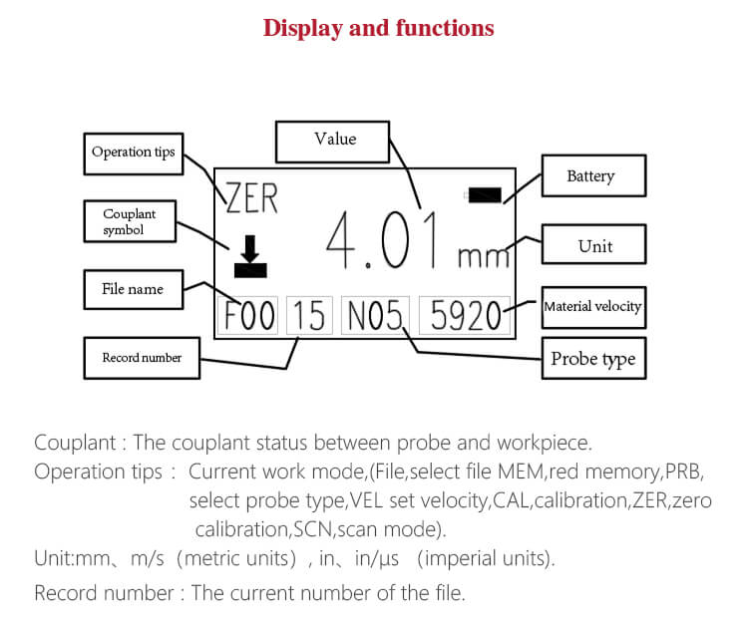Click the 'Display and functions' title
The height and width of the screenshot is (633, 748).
pyautogui.click(x=378, y=28)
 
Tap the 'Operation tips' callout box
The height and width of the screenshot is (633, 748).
pyautogui.click(x=133, y=153)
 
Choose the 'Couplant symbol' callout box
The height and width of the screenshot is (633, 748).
pyautogui.click(x=129, y=222)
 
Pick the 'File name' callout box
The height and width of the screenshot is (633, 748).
pyautogui.click(x=133, y=290)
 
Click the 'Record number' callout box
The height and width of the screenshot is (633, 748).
pyautogui.click(x=142, y=358)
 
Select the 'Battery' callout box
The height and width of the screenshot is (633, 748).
pyautogui.click(x=590, y=176)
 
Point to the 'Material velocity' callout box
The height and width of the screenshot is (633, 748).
pyautogui.click(x=592, y=307)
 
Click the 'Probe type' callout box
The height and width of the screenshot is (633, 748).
pyautogui.click(x=592, y=359)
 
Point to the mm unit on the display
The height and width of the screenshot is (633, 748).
pyautogui.click(x=483, y=257)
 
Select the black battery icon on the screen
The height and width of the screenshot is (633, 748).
pyautogui.click(x=485, y=196)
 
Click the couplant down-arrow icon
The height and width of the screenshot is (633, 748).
pyautogui.click(x=250, y=256)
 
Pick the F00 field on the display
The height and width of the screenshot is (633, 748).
pyautogui.click(x=249, y=316)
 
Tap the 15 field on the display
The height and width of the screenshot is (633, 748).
pyautogui.click(x=309, y=316)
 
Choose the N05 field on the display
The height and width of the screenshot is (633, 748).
pyautogui.click(x=374, y=316)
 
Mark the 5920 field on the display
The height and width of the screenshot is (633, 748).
pyautogui.click(x=464, y=316)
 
